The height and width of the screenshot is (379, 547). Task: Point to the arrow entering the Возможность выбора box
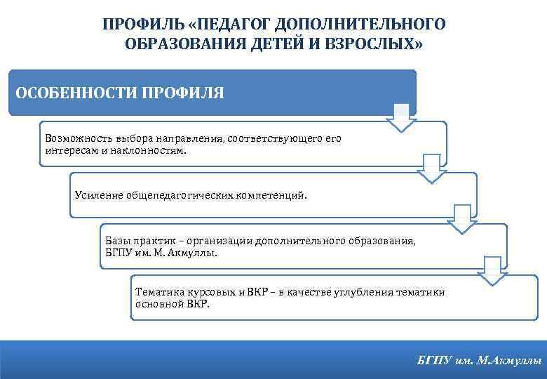tap(401, 118)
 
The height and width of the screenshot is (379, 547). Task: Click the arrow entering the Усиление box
tap(432, 168)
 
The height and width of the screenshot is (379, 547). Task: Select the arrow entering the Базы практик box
tap(462, 219)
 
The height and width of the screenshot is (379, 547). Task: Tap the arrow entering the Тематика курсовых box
tap(492, 270)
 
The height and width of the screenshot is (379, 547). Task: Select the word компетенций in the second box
tap(271, 195)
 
